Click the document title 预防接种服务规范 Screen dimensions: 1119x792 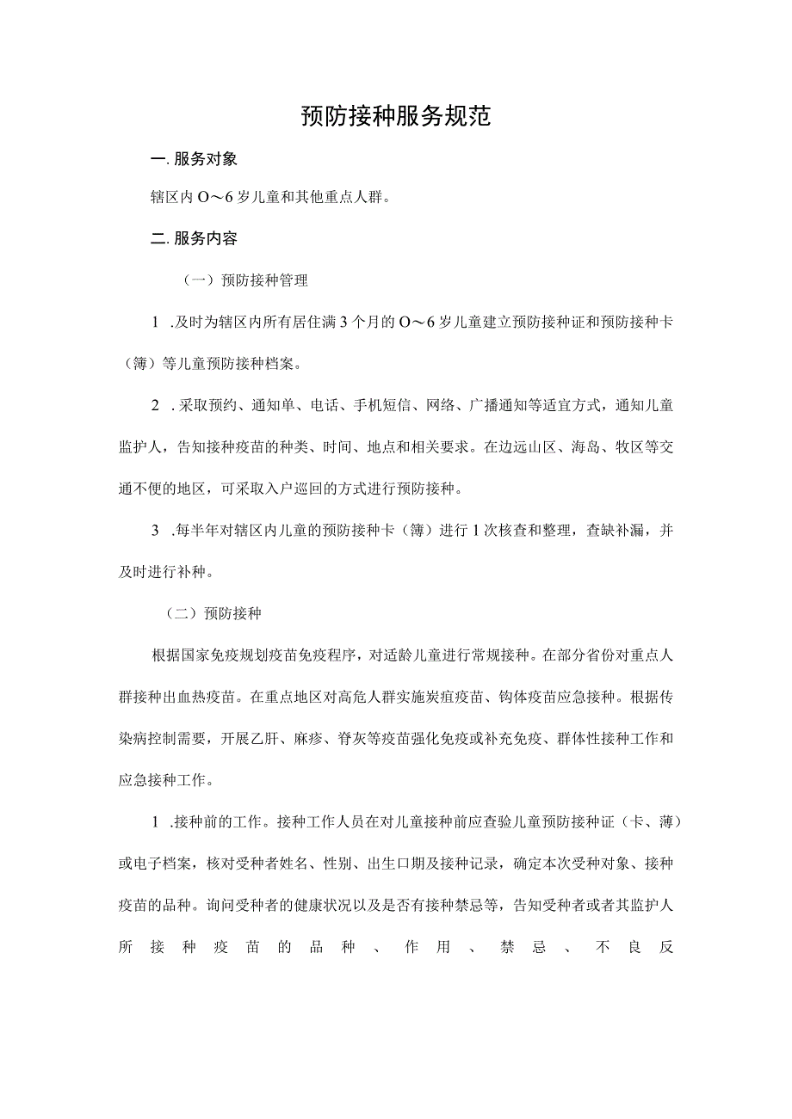pos(396,117)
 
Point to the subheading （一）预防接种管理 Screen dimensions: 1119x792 pos(244,280)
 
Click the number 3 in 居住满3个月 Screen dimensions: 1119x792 pos(343,323)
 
